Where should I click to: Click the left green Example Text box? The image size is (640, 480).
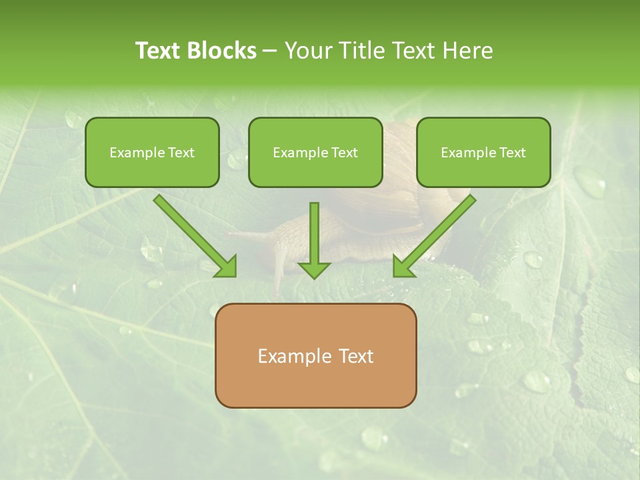pos(152,153)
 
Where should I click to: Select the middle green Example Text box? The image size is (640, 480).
pos(315,153)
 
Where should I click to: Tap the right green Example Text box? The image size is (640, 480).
pos(483,153)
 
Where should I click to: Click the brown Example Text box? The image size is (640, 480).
pos(316,356)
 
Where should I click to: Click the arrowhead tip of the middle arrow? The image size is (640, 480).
pos(314,276)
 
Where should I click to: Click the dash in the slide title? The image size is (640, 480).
pos(270,51)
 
